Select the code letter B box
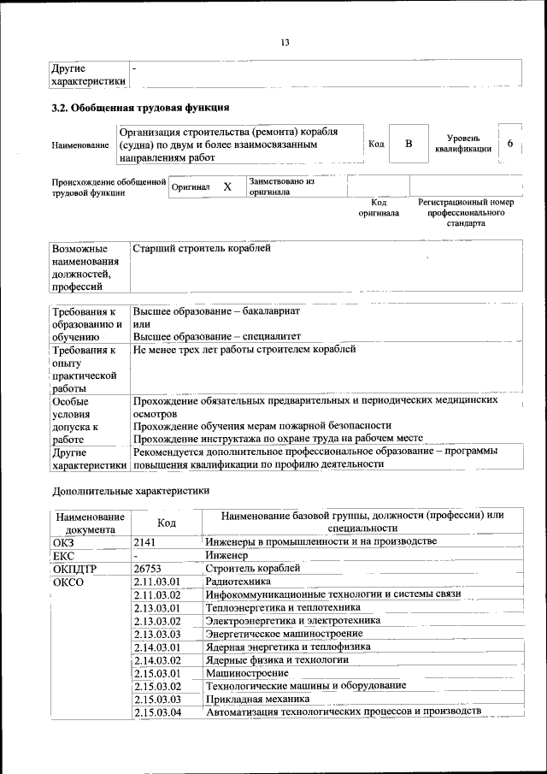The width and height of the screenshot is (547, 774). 409,144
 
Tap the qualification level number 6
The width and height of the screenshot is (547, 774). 510,144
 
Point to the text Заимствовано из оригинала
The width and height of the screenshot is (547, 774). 282,186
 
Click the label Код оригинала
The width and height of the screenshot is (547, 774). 379,207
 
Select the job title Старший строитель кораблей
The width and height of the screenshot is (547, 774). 202,248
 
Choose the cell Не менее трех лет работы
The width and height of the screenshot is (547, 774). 244,350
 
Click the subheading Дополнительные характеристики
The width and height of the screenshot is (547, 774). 131,491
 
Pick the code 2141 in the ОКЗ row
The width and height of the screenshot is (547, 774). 144,541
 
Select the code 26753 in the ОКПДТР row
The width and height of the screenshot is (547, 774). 148,568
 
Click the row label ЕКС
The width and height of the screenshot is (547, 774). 64,555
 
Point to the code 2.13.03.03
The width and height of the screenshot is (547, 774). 158,634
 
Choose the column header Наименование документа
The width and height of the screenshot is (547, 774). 90,523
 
